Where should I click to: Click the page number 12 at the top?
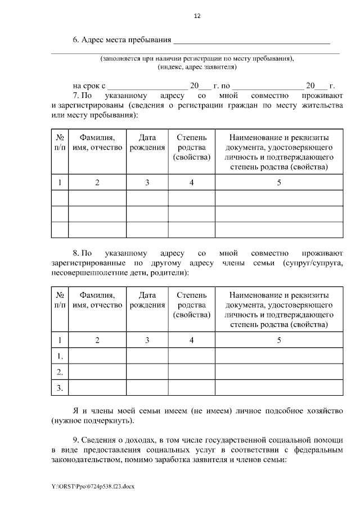tap(197, 16)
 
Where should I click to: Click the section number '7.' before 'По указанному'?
tap(78, 96)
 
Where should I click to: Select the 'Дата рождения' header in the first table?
tap(147, 143)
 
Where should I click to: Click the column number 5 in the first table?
tap(278, 182)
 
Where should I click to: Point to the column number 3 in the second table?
tap(147, 340)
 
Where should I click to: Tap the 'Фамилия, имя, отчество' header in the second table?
tap(97, 300)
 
